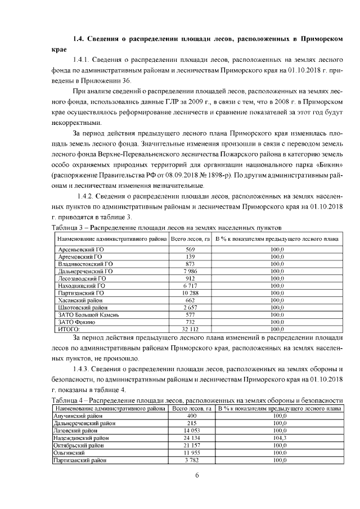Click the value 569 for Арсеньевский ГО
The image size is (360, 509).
pyautogui.click(x=190, y=249)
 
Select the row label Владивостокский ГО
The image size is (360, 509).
pyautogui.click(x=85, y=264)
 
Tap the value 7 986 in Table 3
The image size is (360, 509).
pyautogui.click(x=190, y=271)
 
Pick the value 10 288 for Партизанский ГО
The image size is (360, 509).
pyautogui.click(x=190, y=293)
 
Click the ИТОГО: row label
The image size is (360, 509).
pyautogui.click(x=69, y=330)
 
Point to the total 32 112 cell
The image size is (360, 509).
pyautogui.click(x=190, y=330)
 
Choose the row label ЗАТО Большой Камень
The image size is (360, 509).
pyautogui.click(x=88, y=315)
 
